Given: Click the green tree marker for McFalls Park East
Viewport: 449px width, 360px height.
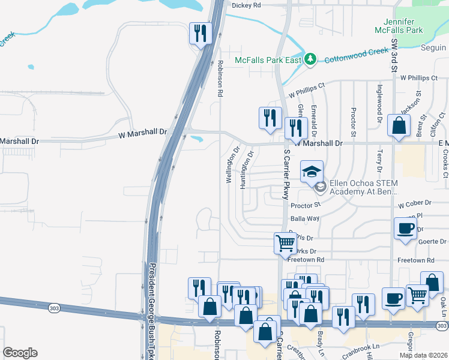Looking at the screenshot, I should pos(310,59).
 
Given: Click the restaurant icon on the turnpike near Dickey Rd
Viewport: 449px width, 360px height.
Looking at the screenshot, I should pos(200,33).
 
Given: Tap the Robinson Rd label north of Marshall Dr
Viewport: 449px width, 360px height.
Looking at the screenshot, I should pos(220,79).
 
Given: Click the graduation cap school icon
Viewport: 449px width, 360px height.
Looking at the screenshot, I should pos(312,172).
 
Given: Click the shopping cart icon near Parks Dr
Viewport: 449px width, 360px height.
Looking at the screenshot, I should pos(285,243).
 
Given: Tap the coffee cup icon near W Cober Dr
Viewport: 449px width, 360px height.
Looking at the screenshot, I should pos(405,228).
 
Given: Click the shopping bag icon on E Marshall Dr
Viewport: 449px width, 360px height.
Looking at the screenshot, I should pos(399,126).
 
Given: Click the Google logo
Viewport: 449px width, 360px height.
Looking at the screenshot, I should pos(20,353).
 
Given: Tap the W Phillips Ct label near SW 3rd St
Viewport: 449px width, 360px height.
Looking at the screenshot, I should pos(419,78).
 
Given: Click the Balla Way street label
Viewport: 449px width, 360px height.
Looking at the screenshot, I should pos(304,219).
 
